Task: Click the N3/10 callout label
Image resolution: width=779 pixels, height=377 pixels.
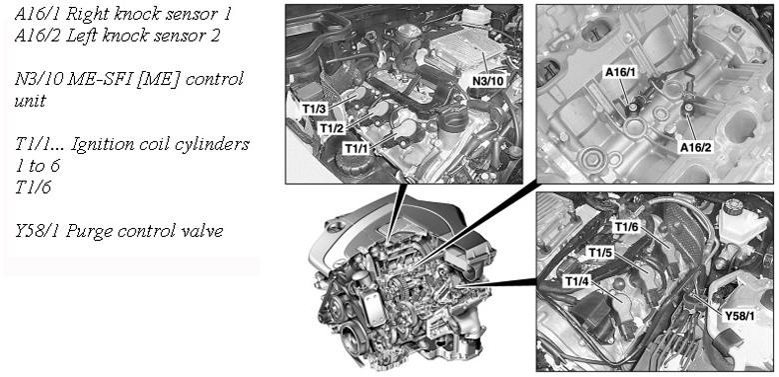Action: (488, 80)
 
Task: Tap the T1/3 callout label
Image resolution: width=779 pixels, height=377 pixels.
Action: (314, 107)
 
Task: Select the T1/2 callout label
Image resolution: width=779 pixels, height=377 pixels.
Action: (331, 129)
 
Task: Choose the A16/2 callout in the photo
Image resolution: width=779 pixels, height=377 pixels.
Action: (695, 147)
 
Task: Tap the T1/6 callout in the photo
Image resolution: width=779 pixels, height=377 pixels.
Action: (626, 227)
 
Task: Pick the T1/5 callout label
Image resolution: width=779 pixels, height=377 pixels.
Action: (599, 253)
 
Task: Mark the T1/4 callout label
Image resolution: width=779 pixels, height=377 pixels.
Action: (576, 282)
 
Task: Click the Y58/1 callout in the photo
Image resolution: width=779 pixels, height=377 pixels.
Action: (740, 316)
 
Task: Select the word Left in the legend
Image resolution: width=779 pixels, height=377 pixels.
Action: (78, 36)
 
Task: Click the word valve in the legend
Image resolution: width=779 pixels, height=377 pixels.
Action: (203, 231)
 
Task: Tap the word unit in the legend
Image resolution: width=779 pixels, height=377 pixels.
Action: (30, 101)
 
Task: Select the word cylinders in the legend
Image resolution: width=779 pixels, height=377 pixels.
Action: (217, 145)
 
